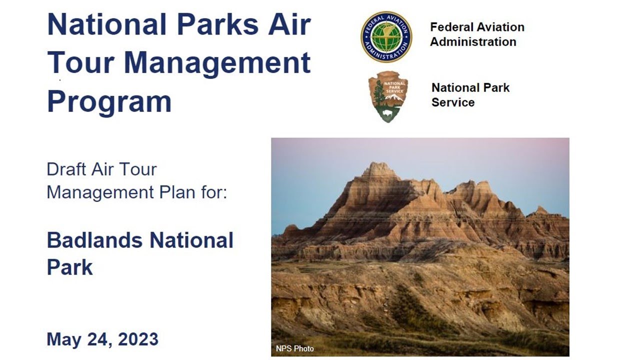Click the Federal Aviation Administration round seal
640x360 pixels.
pos(386,37)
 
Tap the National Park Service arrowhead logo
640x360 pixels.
pos(388,96)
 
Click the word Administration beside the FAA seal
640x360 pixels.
pos(473,41)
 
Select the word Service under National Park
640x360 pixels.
pos(453,102)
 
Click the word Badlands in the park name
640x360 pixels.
pos(95,240)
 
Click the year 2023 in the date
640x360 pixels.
pos(138,339)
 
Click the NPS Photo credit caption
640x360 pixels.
pos(294,348)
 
